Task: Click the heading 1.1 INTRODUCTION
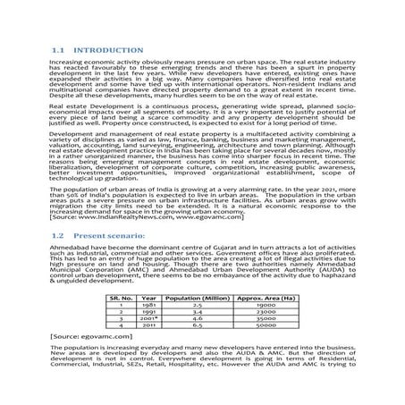97,50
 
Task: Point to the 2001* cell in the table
148,317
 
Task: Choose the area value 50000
261,325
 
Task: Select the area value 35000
261,317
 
